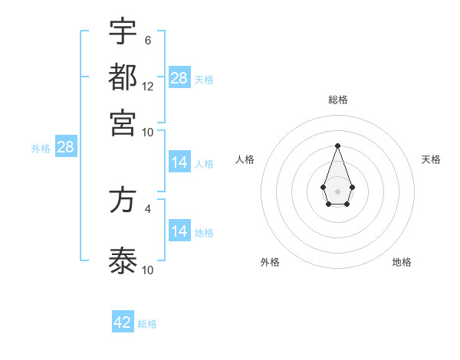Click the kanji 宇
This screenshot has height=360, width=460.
coord(123,32)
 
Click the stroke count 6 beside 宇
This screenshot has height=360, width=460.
coord(147,40)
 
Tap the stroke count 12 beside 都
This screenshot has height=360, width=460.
coord(148,86)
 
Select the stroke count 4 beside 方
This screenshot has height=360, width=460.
coord(147,208)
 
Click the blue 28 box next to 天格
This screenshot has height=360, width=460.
coord(179,78)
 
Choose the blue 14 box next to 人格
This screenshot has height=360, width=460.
coord(179,162)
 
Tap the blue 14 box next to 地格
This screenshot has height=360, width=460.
coord(179,231)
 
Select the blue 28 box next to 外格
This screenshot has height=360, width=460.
coord(65,147)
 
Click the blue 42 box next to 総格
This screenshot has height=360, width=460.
coord(123,322)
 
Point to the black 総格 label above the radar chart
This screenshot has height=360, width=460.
coord(338,100)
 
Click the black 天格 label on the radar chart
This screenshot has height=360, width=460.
coord(431,159)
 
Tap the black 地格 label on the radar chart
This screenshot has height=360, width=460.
coord(402,262)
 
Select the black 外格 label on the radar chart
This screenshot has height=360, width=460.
coord(270,262)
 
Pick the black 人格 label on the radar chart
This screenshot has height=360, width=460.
coord(245,159)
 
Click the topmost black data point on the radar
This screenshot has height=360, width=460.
coord(337,146)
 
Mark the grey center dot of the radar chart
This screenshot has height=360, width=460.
coord(337,191)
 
